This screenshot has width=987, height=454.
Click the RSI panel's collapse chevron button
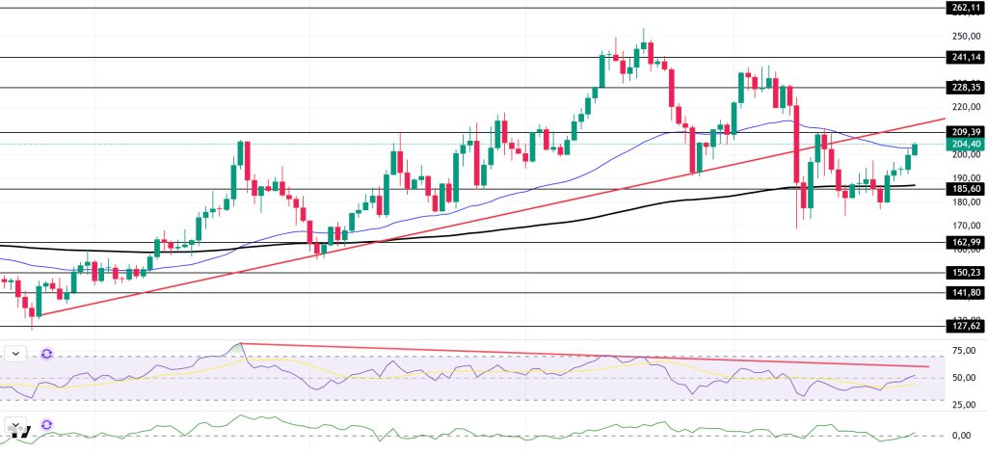16,354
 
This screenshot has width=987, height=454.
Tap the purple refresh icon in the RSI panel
45,354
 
